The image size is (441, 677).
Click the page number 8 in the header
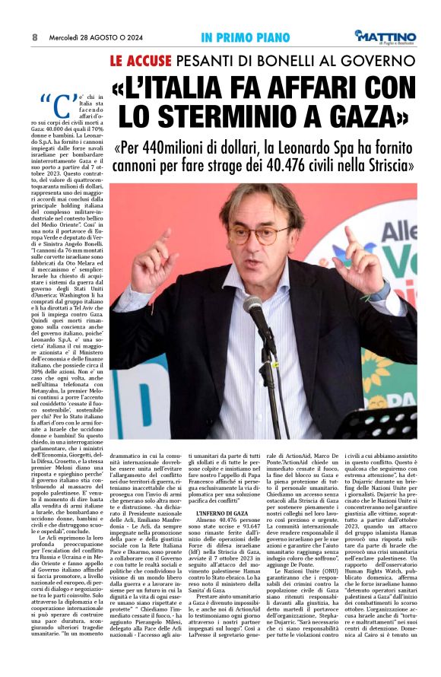click(x=35, y=37)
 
